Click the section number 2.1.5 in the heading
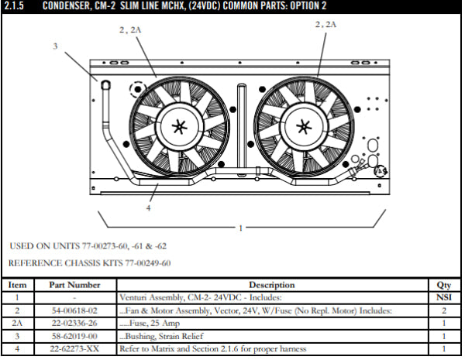click(x=15, y=6)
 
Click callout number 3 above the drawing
click(x=55, y=46)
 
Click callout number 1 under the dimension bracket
click(x=241, y=228)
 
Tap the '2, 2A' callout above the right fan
click(x=326, y=25)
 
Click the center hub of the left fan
click(x=180, y=126)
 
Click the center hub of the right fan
click(x=301, y=126)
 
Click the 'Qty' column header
click(x=443, y=285)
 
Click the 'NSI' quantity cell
click(x=443, y=297)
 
